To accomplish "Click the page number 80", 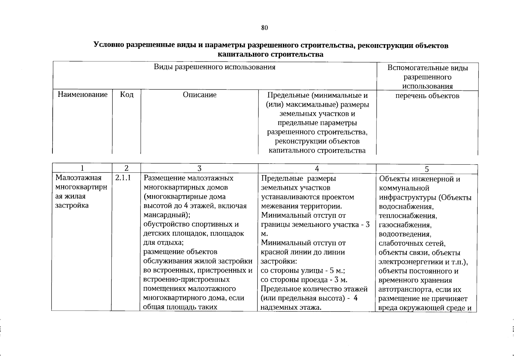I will pos(264,28).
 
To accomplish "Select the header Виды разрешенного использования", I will pos(214,67).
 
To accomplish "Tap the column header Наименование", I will pos(82,95).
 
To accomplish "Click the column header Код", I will pos(127,95).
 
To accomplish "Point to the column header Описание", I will pos(200,95).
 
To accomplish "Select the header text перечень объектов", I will pos(427,96).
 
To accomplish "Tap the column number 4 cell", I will pos(317,168).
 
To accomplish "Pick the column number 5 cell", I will pos(427,169).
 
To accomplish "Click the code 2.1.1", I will pos(123,178).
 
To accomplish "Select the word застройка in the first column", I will pos(72,206).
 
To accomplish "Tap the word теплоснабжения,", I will pos(407,216).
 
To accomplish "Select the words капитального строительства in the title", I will pos(270,54).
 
